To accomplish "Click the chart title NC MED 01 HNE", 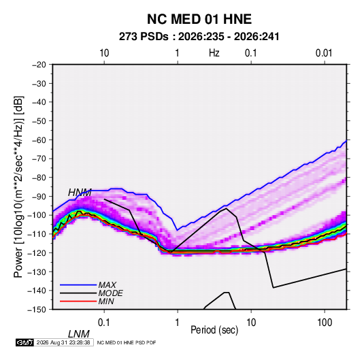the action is tap(199, 19).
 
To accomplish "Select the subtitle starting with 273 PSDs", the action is tap(199, 37).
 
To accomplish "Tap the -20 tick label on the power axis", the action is tap(39, 65).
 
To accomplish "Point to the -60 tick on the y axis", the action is tap(39, 140).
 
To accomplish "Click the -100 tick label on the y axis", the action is tap(37, 215).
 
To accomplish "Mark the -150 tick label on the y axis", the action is tap(37, 310).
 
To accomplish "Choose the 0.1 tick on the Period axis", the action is tap(104, 323).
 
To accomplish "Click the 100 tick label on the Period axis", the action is tap(325, 323).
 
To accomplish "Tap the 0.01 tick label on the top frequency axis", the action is tap(324, 53).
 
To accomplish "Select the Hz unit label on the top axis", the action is tap(214, 53).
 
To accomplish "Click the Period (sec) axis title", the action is tap(214, 330).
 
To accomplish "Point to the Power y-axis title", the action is tap(18, 186).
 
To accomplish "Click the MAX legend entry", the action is tap(107, 285).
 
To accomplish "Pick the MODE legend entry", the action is tap(110, 293).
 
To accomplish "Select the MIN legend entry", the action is tap(106, 301).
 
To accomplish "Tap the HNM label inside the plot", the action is tap(80, 193).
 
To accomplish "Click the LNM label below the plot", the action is tap(79, 334).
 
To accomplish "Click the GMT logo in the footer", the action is tap(25, 342).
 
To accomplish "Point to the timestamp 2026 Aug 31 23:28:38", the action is tap(63, 342).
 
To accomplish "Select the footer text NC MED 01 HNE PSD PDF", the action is tap(127, 342).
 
